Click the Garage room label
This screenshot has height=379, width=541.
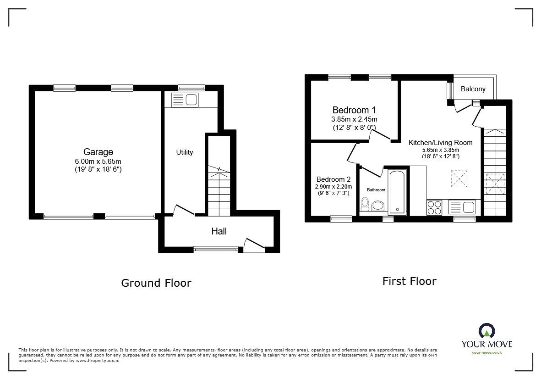point(98,152)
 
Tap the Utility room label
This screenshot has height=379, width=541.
point(185,152)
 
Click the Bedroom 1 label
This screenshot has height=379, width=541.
point(354,110)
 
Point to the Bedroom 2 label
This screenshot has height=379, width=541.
point(333,179)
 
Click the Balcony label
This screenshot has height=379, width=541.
point(473,89)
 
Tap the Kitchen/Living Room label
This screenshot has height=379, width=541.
point(440,143)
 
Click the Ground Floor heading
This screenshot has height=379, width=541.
point(156,283)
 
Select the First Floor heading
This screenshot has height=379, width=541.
point(409,281)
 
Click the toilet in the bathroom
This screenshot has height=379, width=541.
point(365,204)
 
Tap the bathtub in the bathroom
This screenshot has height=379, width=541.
point(397,192)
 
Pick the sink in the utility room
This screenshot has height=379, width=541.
point(185,100)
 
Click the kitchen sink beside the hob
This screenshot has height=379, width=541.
point(463,207)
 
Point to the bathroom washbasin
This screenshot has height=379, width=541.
point(378,206)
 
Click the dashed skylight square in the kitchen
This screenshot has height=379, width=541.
point(458,178)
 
